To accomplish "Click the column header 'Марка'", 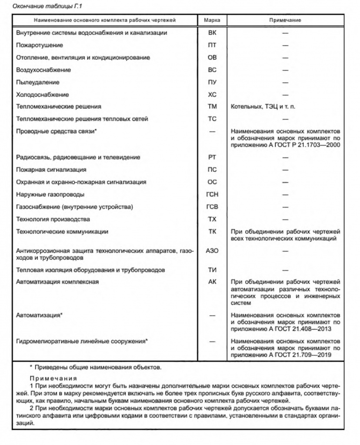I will pyautogui.click(x=212, y=20).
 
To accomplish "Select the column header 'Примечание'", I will pyautogui.click(x=285, y=20).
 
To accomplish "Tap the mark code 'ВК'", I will pyautogui.click(x=212, y=33).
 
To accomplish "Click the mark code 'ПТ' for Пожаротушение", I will pyautogui.click(x=212, y=45).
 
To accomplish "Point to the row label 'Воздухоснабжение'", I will pyautogui.click(x=43, y=70).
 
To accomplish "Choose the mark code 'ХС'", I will pyautogui.click(x=212, y=94).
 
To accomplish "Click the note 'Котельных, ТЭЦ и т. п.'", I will pyautogui.click(x=263, y=107).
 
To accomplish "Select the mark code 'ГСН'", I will pyautogui.click(x=212, y=194).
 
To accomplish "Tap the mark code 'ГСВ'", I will pyautogui.click(x=212, y=207).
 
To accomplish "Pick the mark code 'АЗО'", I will pyautogui.click(x=212, y=251).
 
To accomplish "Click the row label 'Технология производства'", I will pyautogui.click(x=53, y=219).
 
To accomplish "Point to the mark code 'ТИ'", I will pyautogui.click(x=212, y=270).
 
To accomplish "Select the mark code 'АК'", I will pyautogui.click(x=212, y=282).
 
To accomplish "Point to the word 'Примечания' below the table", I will pyautogui.click(x=53, y=378).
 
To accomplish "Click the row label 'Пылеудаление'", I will pyautogui.click(x=37, y=82).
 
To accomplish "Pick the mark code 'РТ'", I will pyautogui.click(x=212, y=157).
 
